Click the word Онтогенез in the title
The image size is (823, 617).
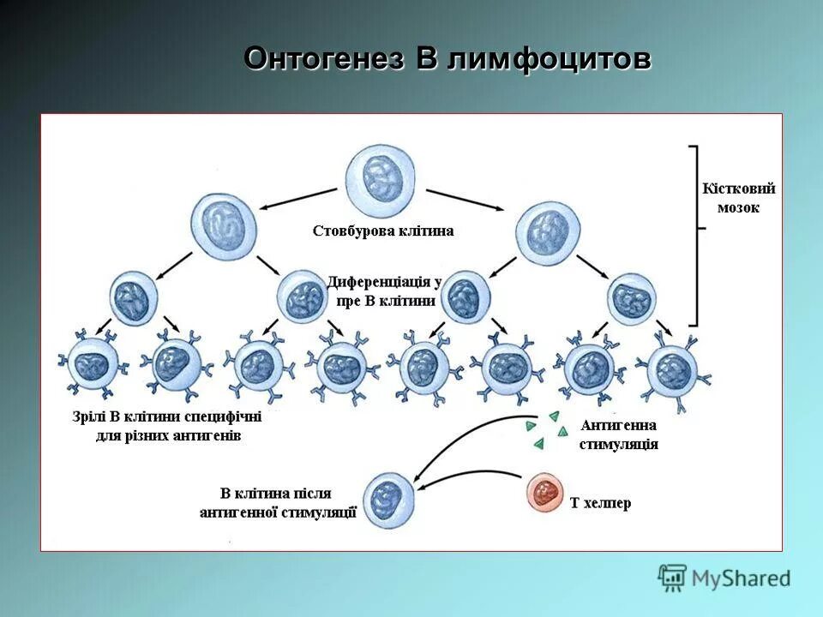coord(325,59)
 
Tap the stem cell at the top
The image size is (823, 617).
coord(380,179)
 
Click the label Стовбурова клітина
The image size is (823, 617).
coord(383,231)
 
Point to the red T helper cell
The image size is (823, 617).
coord(546,493)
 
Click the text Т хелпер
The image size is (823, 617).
coord(601,503)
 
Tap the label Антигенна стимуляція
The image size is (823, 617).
coord(618,434)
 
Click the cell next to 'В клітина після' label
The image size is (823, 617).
coord(390,500)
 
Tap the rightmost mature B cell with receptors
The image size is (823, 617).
coord(674,366)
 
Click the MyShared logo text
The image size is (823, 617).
coord(741,578)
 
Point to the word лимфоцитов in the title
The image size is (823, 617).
coord(549,59)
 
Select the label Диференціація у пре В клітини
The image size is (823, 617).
coord(383,291)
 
